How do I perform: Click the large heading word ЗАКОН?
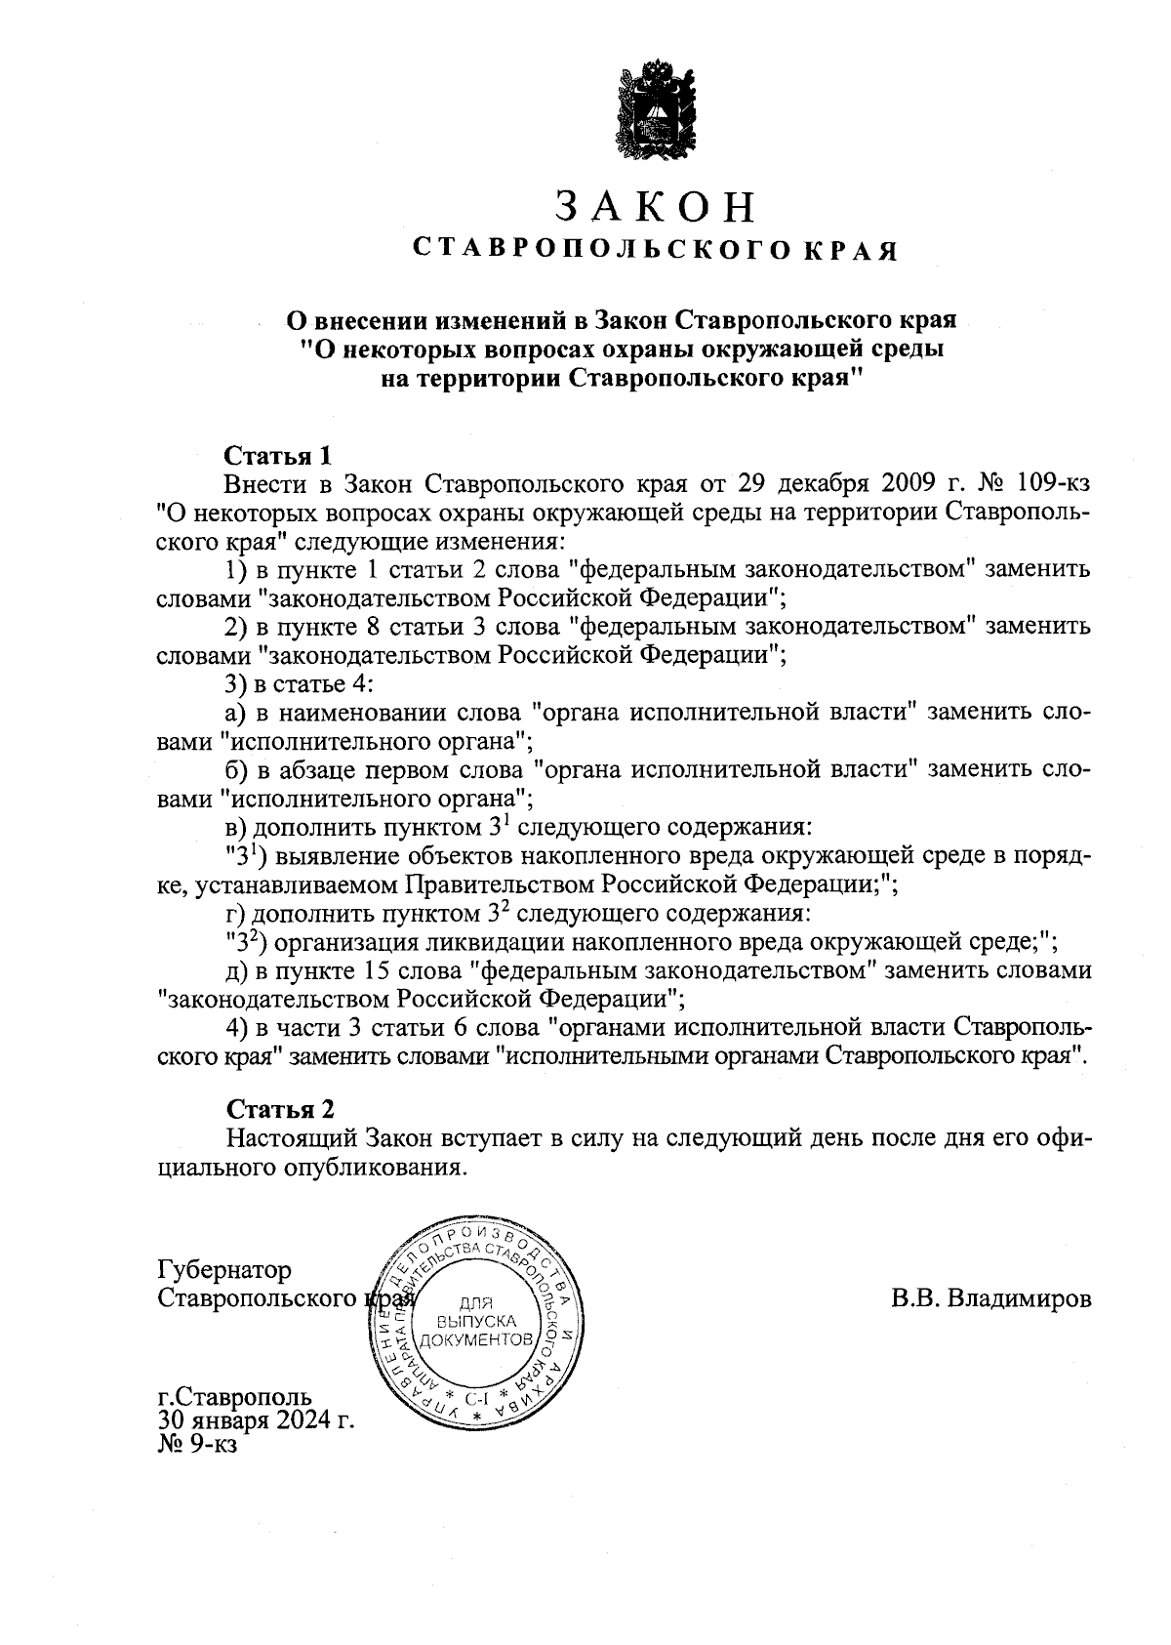(x=656, y=206)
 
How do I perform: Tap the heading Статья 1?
(x=278, y=455)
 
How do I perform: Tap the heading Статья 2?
(x=280, y=1109)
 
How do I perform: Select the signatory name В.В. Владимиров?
(x=990, y=1299)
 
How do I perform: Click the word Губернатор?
(x=223, y=1270)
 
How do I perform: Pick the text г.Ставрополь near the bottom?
(x=234, y=1398)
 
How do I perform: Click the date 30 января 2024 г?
(x=256, y=1419)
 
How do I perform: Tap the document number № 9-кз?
(x=196, y=1442)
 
